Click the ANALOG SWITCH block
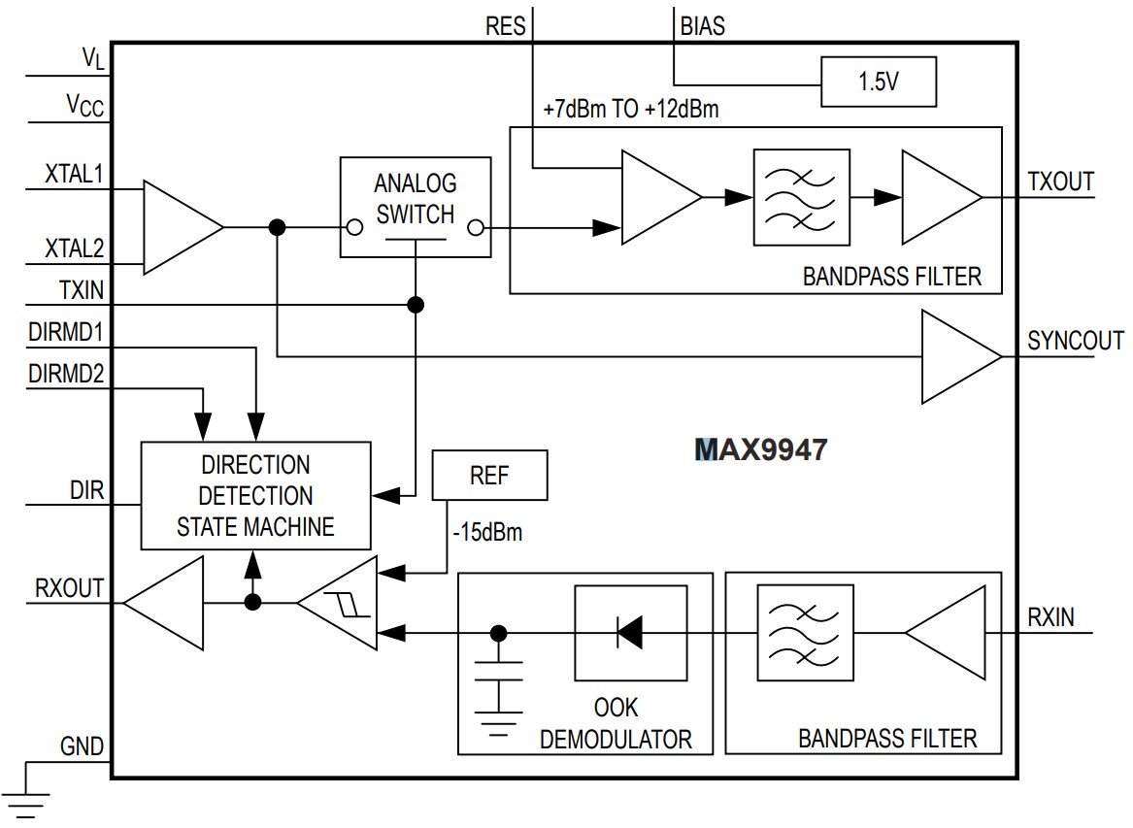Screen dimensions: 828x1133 [415, 206]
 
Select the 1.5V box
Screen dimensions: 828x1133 [878, 82]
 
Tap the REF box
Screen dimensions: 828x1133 [489, 476]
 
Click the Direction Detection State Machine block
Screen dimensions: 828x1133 [256, 495]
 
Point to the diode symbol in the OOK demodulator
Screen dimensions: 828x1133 [629, 634]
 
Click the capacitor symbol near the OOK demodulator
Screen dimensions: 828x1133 [499, 680]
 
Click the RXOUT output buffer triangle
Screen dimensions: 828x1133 [167, 603]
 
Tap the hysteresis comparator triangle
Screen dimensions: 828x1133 [340, 604]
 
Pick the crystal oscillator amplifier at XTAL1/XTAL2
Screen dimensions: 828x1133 [181, 227]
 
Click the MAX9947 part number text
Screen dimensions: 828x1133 [761, 449]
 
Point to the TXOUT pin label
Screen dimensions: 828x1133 [1060, 182]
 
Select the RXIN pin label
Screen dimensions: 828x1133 [1050, 616]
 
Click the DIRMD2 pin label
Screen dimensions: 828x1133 [66, 374]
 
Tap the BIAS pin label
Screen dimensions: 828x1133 [703, 26]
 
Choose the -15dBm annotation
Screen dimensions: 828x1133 [487, 533]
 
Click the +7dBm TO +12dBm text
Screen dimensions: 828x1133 [631, 109]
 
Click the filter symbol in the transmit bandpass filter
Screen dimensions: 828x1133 [801, 197]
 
